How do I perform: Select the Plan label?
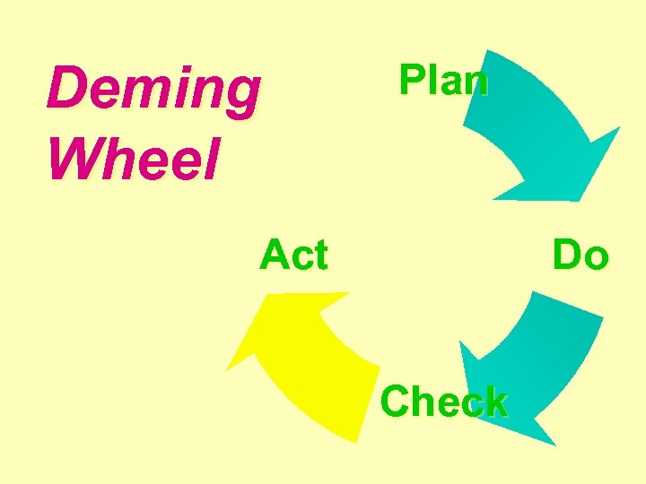[443, 81]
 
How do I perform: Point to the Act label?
[293, 255]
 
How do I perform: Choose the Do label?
[581, 255]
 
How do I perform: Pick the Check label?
[444, 402]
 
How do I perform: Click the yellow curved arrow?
[305, 359]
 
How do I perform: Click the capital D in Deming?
[65, 90]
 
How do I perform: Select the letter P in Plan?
[410, 80]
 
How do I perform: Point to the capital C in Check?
[396, 402]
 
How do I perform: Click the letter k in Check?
[493, 402]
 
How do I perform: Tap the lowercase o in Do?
[596, 258]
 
